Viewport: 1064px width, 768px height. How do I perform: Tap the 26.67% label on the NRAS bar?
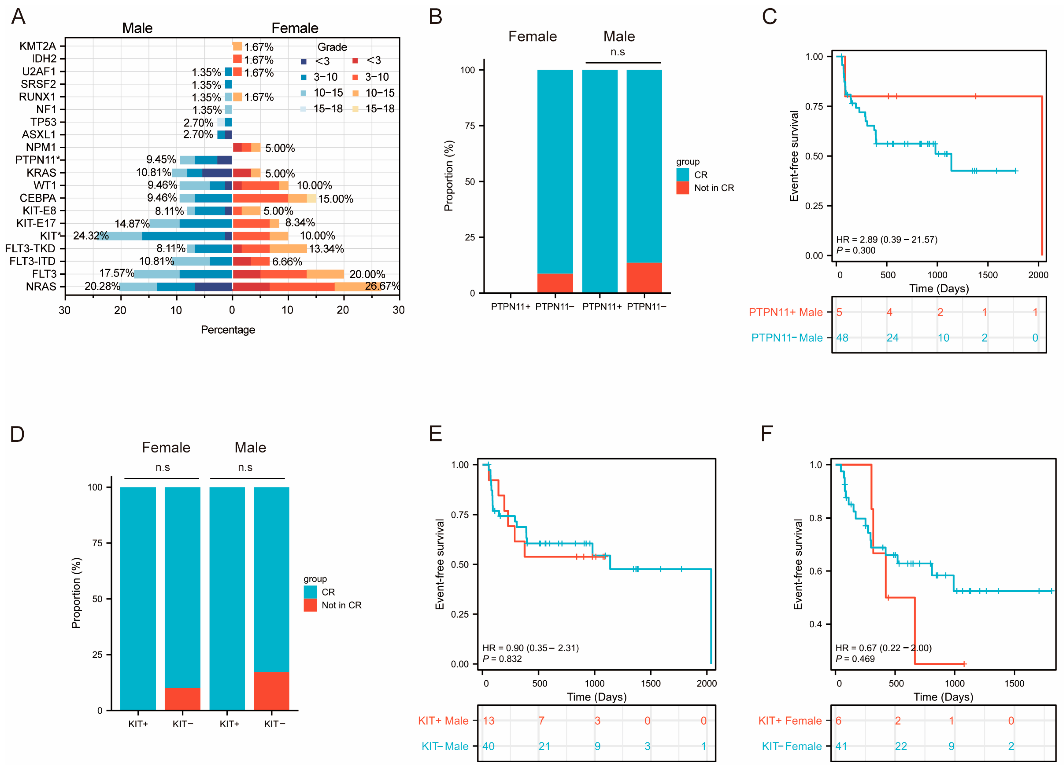pos(382,286)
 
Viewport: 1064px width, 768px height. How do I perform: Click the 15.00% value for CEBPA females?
pos(335,199)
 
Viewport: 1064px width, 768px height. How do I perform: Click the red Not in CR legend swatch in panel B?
pos(683,188)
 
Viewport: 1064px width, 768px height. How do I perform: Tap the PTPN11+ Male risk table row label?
pos(785,312)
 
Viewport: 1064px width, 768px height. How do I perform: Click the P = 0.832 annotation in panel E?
pos(502,659)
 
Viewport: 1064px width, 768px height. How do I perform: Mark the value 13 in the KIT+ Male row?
pos(488,721)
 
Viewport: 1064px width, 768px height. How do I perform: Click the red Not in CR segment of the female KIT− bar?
pos(183,699)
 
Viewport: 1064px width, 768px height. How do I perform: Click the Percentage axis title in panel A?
pos(228,330)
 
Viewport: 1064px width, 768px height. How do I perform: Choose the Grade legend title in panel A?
pos(332,47)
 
